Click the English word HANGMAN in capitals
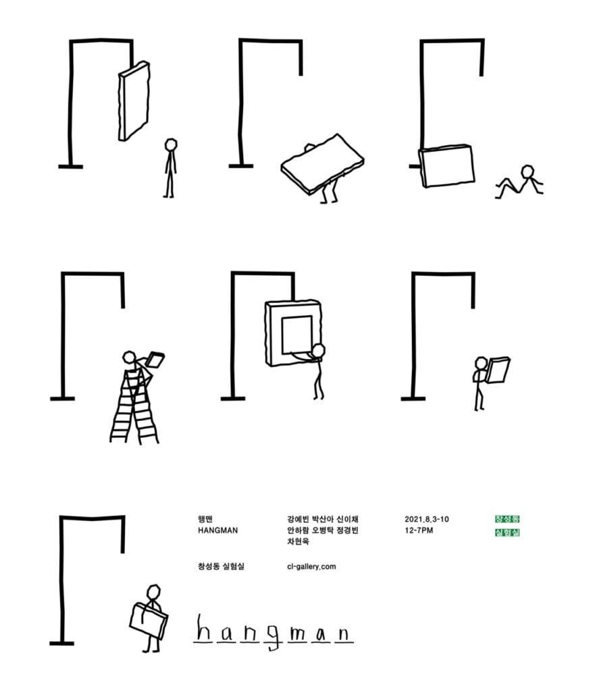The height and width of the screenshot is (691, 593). coord(217,530)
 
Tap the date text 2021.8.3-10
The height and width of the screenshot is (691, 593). coord(426,519)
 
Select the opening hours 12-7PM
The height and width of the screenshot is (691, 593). coord(419,530)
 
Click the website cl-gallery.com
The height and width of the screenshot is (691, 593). coord(311,567)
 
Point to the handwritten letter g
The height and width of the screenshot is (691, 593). coord(274,637)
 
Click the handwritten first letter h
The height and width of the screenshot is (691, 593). coord(203,628)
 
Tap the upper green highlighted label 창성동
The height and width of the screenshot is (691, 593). coord(507,519)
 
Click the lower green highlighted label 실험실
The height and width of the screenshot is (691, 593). coord(507,532)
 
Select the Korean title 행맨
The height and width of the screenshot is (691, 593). coord(205,519)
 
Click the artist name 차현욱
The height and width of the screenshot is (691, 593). coord(298,541)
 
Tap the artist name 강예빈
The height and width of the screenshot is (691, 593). coord(298,519)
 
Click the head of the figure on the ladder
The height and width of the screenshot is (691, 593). coord(129,358)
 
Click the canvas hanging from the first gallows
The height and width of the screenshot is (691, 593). coord(134,101)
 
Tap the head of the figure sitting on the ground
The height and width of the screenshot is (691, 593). coord(527,171)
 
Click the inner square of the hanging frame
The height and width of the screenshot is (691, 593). coord(297,334)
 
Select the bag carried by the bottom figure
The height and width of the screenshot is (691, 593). coord(149,619)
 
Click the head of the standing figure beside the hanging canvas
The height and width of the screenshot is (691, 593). coord(171,144)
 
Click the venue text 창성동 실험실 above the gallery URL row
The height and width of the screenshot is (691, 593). coord(221,567)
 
